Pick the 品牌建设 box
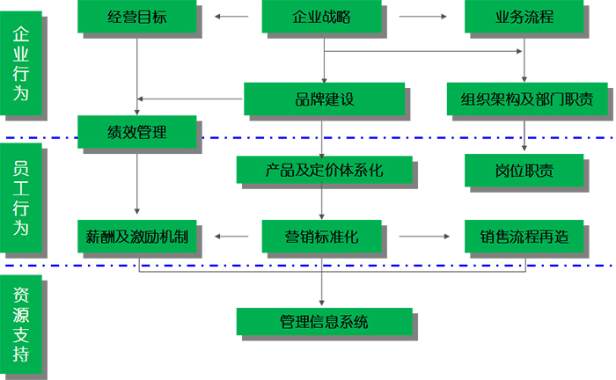(324, 99)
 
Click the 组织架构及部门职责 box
(525, 99)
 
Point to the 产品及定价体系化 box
(324, 167)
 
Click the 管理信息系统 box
(324, 321)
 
